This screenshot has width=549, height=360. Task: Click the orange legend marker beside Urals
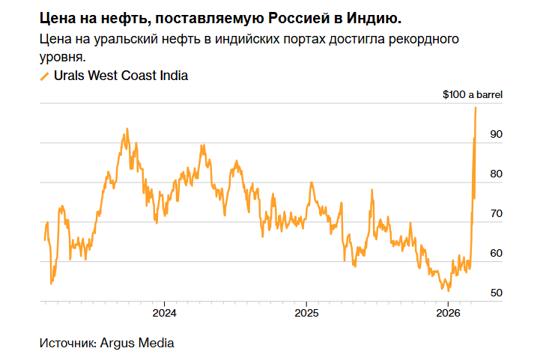click(x=44, y=76)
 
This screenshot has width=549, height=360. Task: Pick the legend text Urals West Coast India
click(x=121, y=76)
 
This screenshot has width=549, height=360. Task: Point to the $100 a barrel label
click(x=472, y=95)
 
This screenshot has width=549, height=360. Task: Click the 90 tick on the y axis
click(x=495, y=135)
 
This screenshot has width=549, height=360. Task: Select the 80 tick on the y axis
click(x=495, y=174)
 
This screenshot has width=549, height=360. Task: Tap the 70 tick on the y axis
click(x=495, y=214)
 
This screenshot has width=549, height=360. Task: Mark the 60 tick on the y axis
click(x=495, y=254)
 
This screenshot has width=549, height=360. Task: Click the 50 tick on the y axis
click(x=495, y=293)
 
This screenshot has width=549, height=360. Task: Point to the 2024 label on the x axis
click(x=164, y=311)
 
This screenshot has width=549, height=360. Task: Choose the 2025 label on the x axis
click(x=306, y=311)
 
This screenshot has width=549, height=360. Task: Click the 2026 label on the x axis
click(x=447, y=311)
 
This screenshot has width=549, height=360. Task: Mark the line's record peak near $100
click(x=476, y=108)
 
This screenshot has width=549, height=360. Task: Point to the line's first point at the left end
click(x=45, y=240)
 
